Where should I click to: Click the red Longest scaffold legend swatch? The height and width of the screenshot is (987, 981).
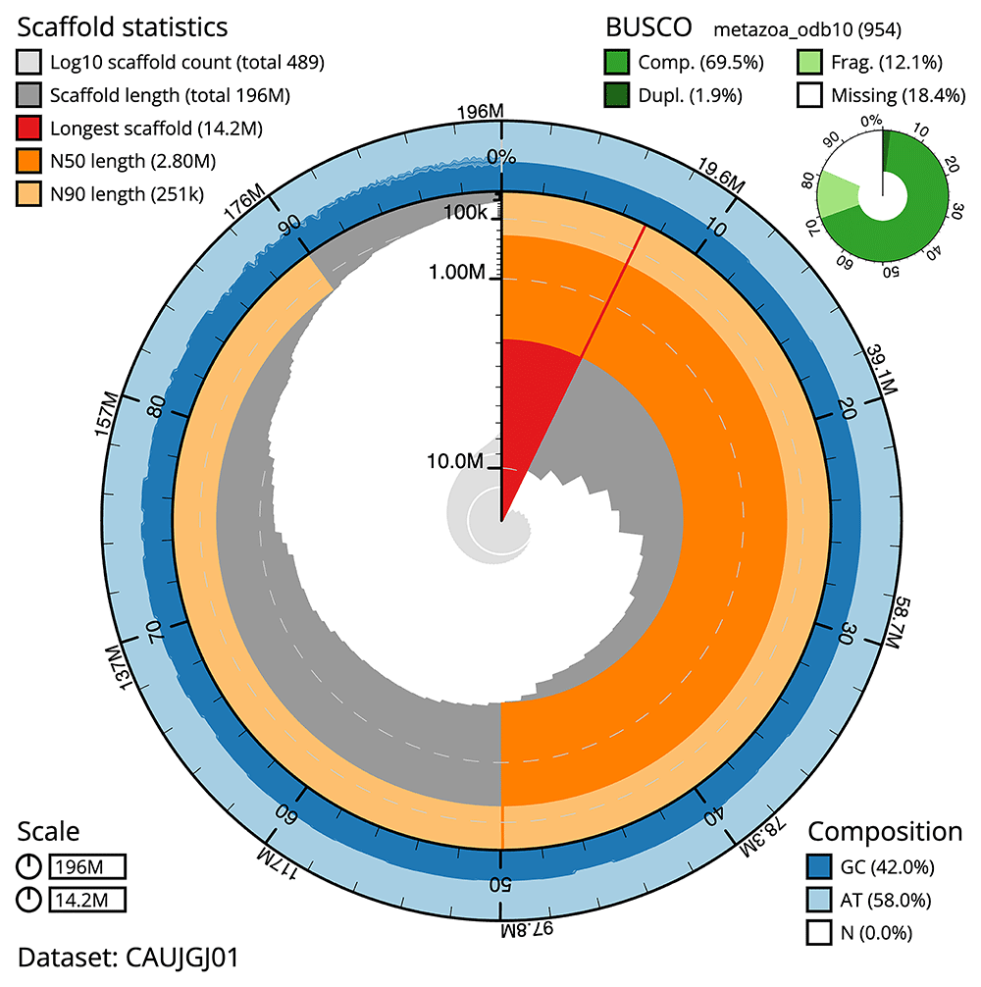29,129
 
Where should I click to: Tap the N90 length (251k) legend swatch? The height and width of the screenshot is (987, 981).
29,193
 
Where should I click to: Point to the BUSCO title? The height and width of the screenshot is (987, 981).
646,26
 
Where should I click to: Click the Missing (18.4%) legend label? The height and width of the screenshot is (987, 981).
887,95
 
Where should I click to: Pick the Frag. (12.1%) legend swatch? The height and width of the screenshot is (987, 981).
810,63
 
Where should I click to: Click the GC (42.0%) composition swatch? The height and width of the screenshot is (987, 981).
820,867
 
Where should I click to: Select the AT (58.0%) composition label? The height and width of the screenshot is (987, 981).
888,900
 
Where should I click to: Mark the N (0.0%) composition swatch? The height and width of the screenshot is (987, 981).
820,932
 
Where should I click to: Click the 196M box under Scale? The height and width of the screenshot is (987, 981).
87,867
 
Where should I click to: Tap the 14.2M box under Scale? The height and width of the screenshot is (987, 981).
87,900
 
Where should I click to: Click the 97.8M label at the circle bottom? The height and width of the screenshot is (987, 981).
502,928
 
